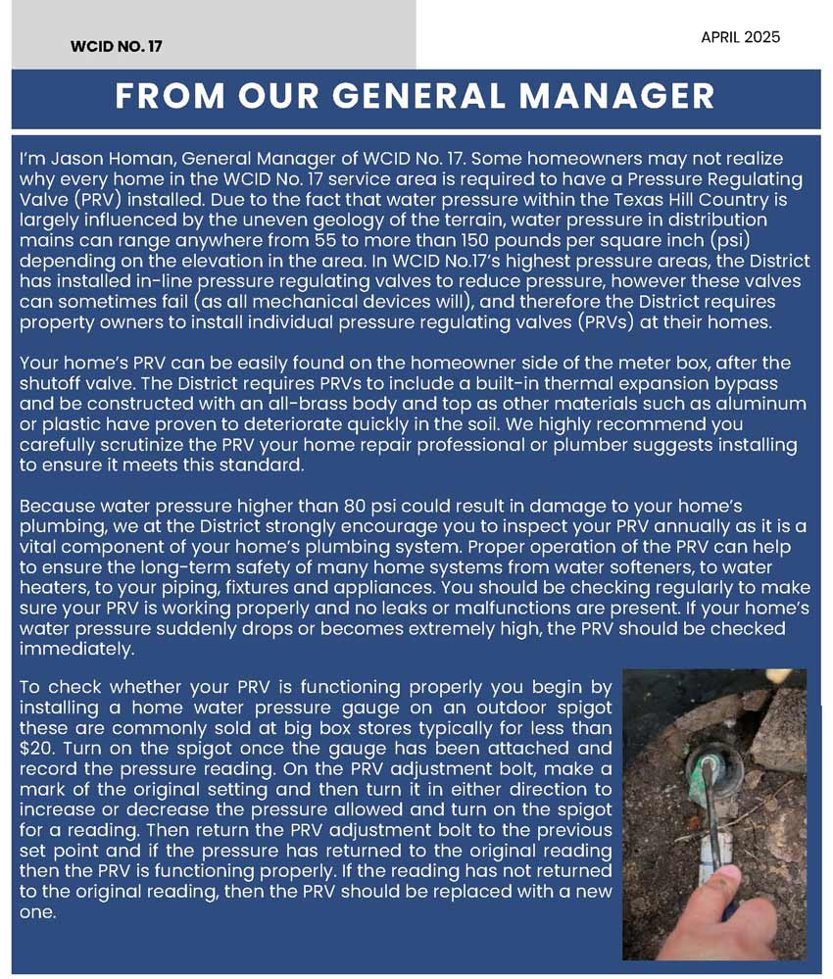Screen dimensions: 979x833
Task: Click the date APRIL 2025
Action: coord(740,37)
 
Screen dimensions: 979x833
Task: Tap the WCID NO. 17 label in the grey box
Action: coord(117,46)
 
